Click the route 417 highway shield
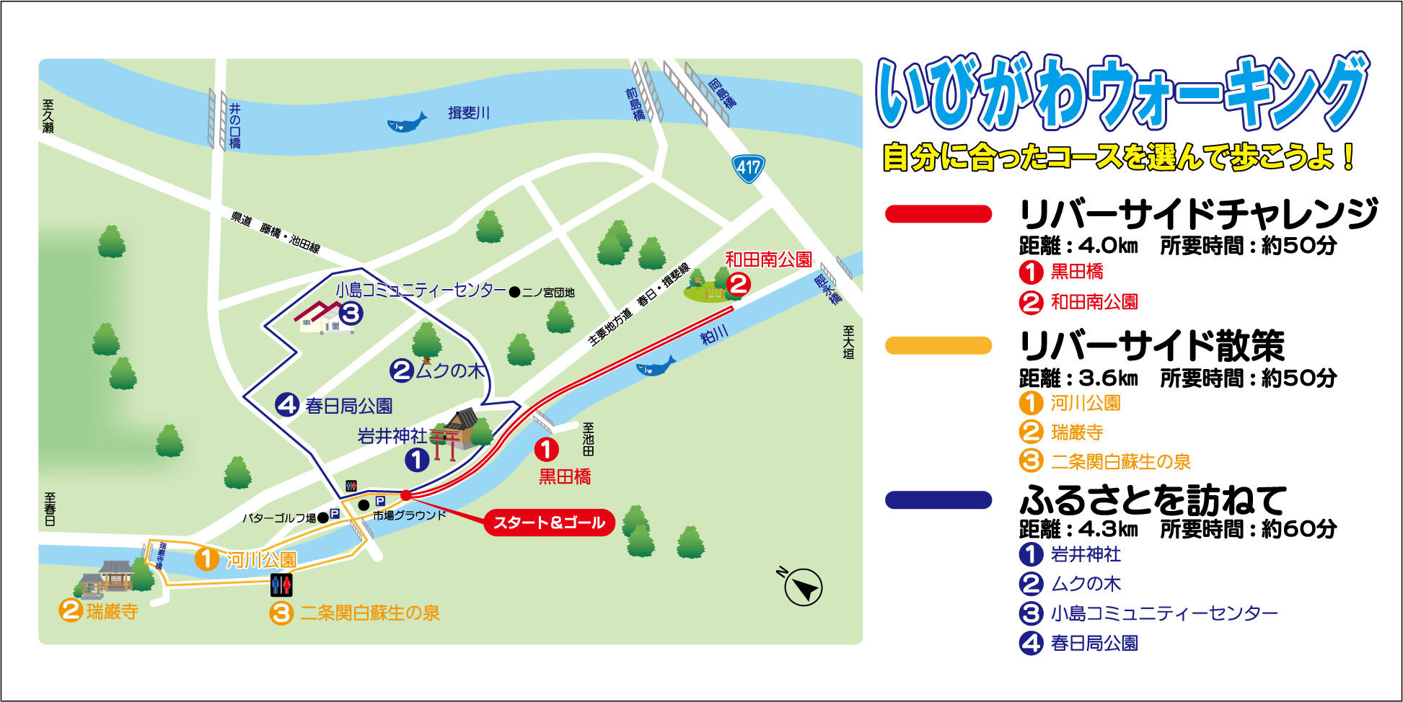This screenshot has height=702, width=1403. pos(748,168)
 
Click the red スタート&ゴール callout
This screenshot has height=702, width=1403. pos(549,523)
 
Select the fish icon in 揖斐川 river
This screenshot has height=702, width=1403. pos(407,122)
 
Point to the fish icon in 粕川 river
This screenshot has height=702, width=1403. pos(655,366)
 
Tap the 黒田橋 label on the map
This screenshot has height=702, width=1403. pos(565,476)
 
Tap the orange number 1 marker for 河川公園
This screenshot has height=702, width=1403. pos(207,559)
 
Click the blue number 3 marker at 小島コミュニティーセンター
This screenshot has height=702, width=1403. pos(350,314)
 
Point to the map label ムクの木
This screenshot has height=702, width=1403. pos(449,370)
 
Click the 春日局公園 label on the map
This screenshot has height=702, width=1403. pos(348,406)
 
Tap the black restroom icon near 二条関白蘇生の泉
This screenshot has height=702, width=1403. pos(281,585)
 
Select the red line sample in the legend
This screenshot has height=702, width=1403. pos(938,214)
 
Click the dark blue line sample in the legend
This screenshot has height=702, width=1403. pos(938,500)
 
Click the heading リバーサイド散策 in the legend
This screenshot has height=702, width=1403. pos(1151,347)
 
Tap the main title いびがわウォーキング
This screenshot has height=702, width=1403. pos(1122,94)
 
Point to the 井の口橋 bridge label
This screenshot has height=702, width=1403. pos(234,126)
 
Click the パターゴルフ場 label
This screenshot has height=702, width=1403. pos(278,517)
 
